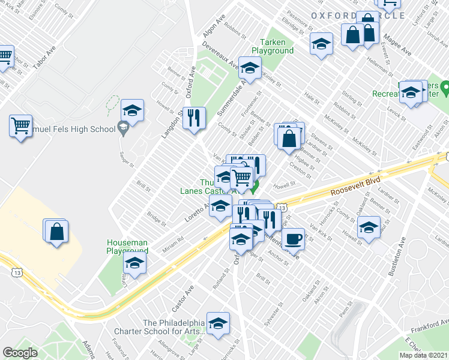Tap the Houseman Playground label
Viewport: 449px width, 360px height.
[x=127, y=247]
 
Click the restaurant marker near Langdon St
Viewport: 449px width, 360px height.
[x=194, y=118]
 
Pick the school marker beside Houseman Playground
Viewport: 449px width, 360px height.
[x=135, y=263]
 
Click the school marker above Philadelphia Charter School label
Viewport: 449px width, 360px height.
[x=218, y=322]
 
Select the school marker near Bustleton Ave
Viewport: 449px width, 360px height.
[x=369, y=227]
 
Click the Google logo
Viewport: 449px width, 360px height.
[x=20, y=353]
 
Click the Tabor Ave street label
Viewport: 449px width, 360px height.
[x=44, y=58]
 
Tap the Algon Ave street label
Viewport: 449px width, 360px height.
[x=214, y=25]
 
